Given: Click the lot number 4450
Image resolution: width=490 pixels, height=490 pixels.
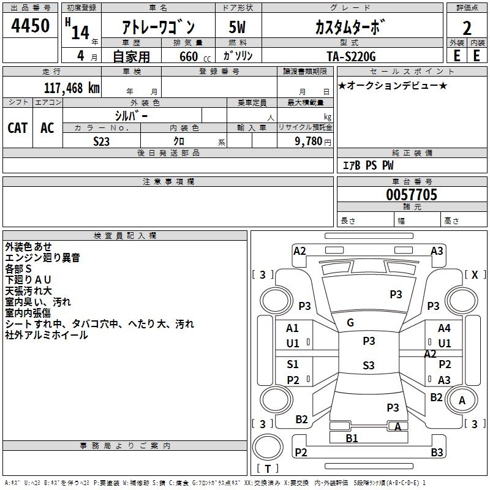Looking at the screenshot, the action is coord(30,26).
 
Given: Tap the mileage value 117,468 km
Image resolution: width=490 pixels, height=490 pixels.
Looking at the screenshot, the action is coord(72,88).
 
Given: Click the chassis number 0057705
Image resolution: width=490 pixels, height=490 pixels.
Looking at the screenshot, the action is coord(411,195).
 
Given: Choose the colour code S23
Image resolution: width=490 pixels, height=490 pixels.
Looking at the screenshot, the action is coord(101,141).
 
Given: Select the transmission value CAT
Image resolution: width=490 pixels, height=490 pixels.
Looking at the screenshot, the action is coord(18,127).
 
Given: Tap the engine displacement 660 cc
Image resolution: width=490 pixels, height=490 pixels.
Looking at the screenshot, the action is coord(187,56).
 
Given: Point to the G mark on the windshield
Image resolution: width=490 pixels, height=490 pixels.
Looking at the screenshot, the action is coord(350,323).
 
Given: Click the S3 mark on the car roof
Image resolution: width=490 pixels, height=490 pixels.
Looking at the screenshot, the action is coord(368,366).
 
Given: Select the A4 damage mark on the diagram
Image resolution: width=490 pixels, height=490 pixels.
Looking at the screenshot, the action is coord(444,328).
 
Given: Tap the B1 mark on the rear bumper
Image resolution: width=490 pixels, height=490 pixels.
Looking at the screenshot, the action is coord(352,438).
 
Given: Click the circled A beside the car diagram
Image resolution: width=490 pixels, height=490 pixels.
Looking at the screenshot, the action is coord(462,401).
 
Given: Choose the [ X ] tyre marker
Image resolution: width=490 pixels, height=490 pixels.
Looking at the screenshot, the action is coord(475,274).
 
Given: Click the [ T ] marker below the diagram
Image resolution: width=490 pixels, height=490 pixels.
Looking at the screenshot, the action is coord(268,469).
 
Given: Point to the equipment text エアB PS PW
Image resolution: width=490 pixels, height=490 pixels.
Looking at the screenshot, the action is coord(368,165).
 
